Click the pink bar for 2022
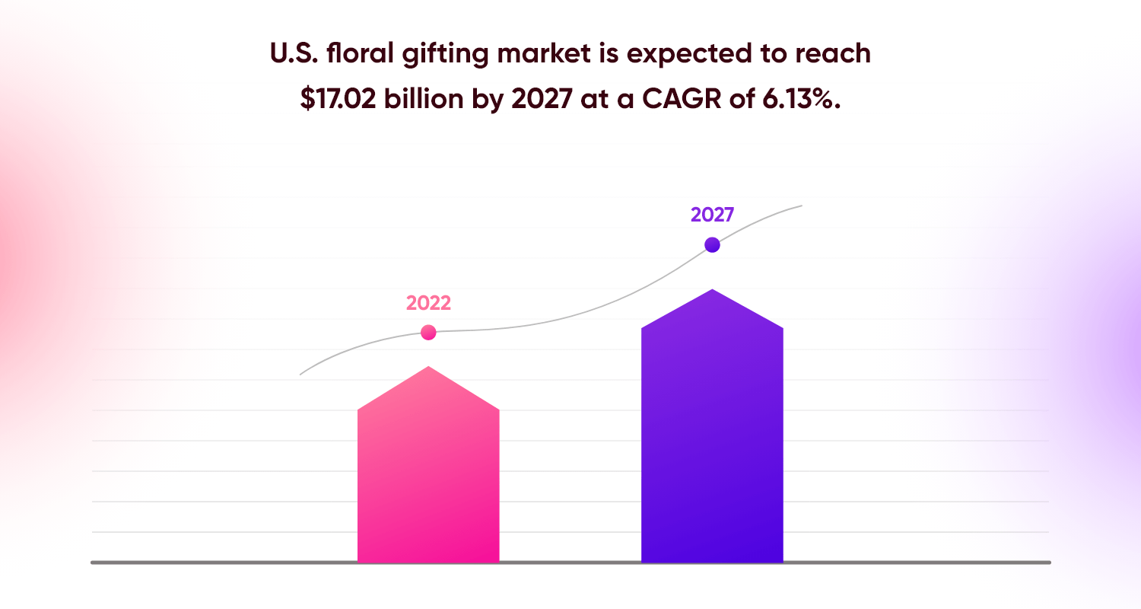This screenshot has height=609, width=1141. (428, 480)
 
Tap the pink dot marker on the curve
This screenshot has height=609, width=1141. (428, 333)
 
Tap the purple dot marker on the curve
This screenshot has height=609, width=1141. (712, 244)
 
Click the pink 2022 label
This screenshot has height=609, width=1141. (428, 303)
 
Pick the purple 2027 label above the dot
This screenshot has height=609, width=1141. (712, 215)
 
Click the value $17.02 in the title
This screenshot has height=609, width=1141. (335, 100)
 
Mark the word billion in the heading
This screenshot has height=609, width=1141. (418, 100)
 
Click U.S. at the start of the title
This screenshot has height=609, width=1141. (290, 53)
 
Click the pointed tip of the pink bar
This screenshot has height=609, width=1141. (429, 367)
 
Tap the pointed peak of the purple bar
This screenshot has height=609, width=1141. (712, 290)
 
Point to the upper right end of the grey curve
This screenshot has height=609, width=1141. (801, 206)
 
